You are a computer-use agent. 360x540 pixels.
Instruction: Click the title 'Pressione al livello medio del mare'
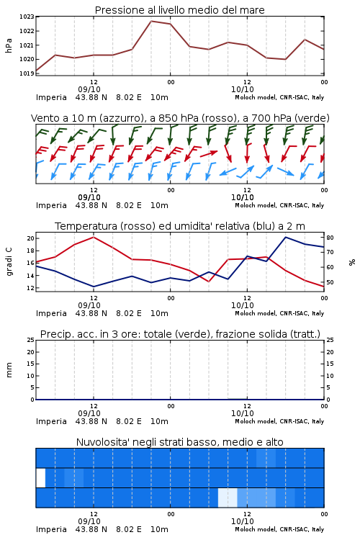pos(179,10)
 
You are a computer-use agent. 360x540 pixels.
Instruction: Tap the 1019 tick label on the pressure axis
pos(27,73)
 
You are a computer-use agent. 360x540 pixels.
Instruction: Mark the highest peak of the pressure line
pos(151,21)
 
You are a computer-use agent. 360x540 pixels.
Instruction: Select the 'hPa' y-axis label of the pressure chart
pos(9,45)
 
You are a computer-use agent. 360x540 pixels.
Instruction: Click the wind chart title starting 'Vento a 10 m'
pos(180,118)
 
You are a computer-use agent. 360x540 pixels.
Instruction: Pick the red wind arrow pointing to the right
pos(209,153)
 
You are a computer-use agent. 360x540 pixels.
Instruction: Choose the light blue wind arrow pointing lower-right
pos(286,171)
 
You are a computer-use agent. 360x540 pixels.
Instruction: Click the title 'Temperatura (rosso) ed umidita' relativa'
pos(180,226)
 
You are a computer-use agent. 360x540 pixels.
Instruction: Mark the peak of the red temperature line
pos(94,237)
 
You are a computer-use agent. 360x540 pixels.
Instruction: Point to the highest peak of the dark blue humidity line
pos(286,237)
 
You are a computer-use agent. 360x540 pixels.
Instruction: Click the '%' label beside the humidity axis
pos(352,262)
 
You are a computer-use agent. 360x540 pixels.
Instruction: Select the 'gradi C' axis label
pos(9,262)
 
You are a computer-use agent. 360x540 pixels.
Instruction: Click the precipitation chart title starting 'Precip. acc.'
pos(180,334)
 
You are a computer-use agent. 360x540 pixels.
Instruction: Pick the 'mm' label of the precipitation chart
pos(9,370)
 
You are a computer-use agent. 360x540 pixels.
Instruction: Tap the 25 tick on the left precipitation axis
pos(31,340)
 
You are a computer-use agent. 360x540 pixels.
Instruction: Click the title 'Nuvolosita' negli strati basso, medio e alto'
pos(179,442)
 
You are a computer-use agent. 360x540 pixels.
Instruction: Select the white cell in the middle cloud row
pos(40,477)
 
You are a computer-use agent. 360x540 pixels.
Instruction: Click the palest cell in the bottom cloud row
pos(228,498)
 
